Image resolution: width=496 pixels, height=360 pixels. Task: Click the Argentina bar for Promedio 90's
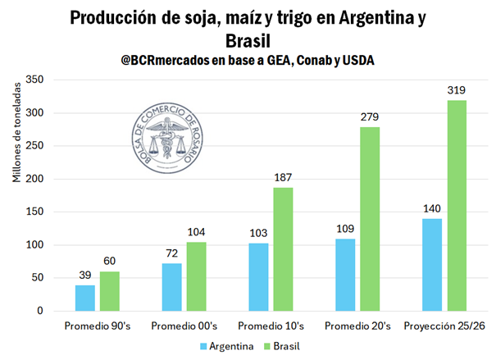(x=85, y=298)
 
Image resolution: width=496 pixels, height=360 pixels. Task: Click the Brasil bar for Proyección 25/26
(x=456, y=205)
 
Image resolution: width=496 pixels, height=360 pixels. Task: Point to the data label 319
(x=456, y=89)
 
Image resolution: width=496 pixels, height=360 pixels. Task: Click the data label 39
(x=85, y=275)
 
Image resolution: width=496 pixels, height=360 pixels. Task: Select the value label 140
(x=434, y=207)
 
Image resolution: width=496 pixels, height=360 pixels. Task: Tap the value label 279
(x=370, y=116)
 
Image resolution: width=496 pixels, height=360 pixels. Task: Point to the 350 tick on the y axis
(x=34, y=80)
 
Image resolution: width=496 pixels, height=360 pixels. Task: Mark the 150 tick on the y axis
(x=34, y=212)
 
